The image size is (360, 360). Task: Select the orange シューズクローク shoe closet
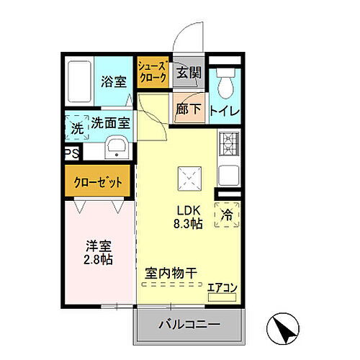[153, 71]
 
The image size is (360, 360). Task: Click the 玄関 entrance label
[189, 73]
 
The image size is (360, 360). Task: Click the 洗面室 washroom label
[110, 123]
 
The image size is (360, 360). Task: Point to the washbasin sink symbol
[116, 150]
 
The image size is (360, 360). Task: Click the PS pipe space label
[71, 153]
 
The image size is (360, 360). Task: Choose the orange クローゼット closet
[99, 181]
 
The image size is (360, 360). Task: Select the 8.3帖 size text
[187, 224]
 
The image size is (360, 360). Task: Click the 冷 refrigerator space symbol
[227, 214]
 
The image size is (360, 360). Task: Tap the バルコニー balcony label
[189, 325]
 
